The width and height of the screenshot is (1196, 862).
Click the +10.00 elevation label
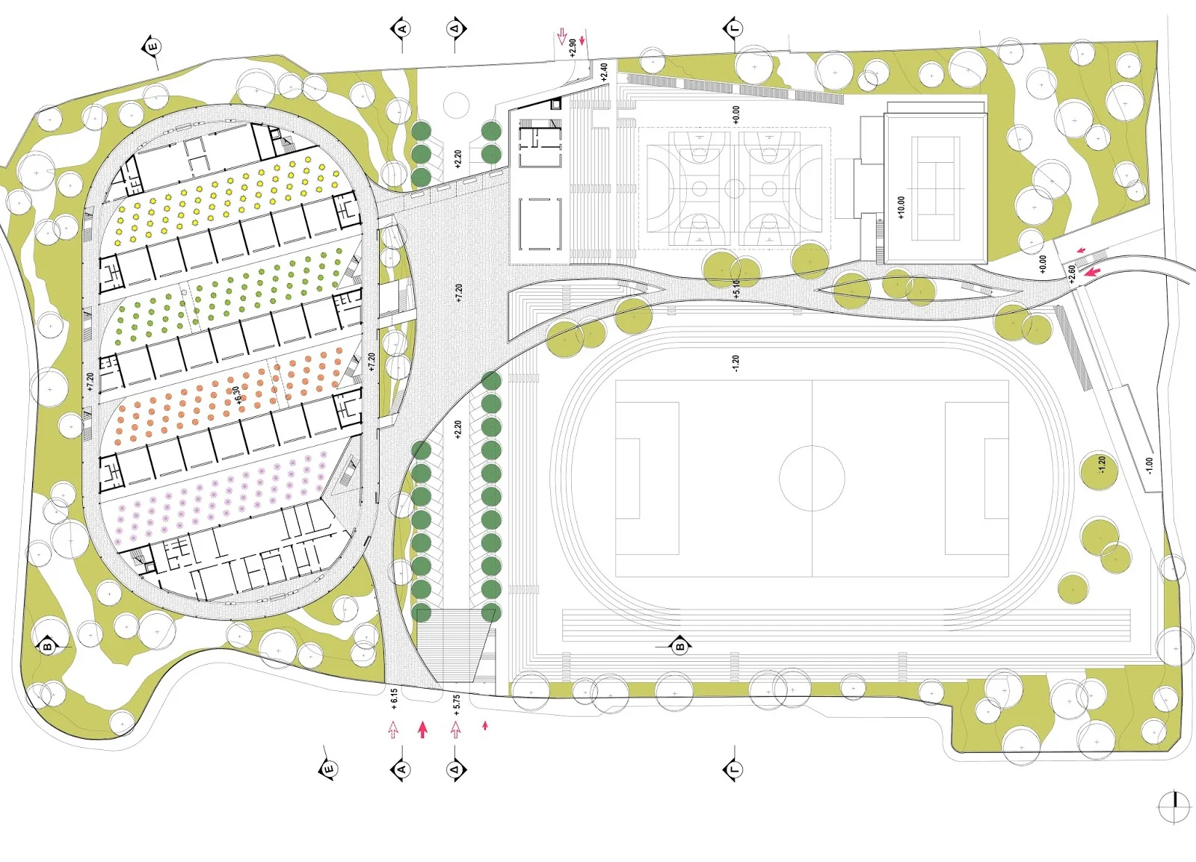901,207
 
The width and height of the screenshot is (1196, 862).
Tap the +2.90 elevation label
573,48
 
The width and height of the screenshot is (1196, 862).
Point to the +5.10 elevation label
736,289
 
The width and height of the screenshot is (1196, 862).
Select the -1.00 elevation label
1149,466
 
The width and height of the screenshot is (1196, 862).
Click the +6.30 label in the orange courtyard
237,394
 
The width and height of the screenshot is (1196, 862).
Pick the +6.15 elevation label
394,698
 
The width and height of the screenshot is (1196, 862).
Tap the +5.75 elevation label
456,704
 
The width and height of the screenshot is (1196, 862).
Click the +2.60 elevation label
1072,273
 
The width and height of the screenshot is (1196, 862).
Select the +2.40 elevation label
604,72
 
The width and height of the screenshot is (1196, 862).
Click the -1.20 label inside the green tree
1100,466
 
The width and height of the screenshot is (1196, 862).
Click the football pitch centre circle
812,478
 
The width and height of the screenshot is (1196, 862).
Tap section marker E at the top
152,47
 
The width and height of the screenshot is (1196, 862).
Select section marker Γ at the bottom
733,769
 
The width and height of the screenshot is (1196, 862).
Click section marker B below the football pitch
680,646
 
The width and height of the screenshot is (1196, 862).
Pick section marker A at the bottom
401,769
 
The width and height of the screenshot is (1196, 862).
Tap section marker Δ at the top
455,29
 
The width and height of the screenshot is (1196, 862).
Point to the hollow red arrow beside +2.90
562,36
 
